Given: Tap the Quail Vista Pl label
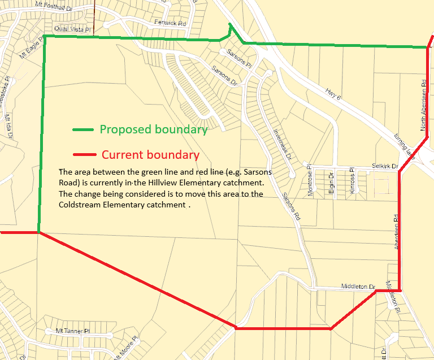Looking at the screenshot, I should (73, 28).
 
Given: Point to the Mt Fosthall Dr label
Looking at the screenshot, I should (55, 6).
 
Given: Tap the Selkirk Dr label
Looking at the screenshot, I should (385, 167).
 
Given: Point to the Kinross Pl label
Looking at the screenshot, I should (351, 181).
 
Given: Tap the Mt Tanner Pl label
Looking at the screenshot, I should (73, 331).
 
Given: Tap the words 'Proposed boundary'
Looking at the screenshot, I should (154, 129).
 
